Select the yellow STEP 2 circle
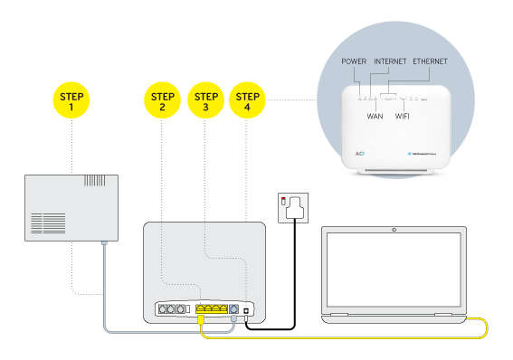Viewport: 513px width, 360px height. [x=162, y=101]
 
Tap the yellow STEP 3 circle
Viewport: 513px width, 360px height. [x=205, y=101]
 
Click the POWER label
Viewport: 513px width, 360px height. [x=354, y=62]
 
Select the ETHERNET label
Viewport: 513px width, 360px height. [x=430, y=62]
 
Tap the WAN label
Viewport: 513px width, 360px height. [x=375, y=116]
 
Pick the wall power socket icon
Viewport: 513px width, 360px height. [x=294, y=207]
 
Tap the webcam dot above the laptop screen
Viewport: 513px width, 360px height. [x=394, y=230]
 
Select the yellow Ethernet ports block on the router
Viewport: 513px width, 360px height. [x=212, y=308]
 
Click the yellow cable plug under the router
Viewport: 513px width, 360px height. [x=200, y=320]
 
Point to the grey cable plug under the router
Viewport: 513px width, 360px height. [x=234, y=320]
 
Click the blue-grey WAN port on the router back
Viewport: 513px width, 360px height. [x=234, y=308]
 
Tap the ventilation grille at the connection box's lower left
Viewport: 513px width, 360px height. [x=47, y=223]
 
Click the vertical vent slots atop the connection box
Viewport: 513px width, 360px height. [x=94, y=180]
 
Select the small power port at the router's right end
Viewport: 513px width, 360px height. [x=247, y=308]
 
